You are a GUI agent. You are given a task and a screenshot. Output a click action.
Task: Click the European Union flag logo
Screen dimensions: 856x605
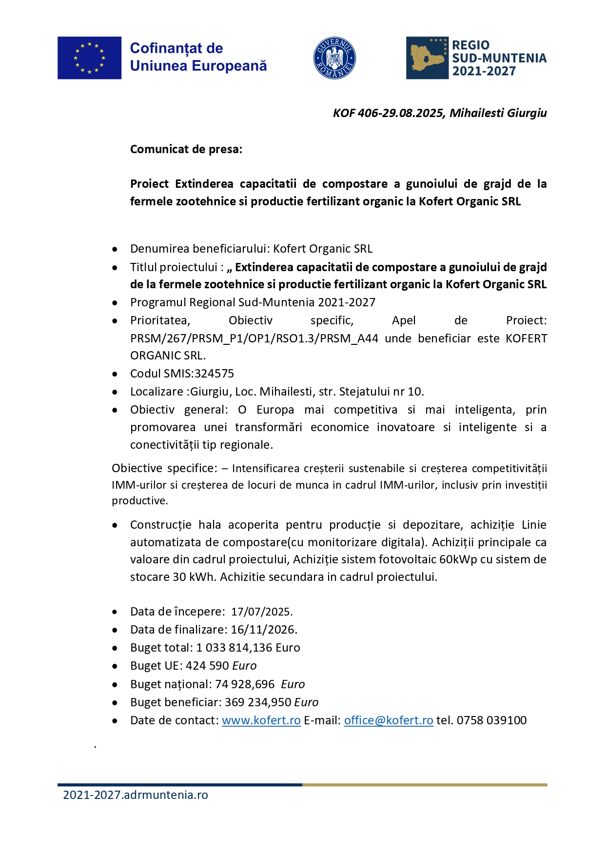click(x=89, y=58)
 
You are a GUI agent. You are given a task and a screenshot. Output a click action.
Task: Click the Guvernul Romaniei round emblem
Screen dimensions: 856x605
click(x=334, y=58)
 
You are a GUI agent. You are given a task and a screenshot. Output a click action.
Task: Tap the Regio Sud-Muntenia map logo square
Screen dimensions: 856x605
click(x=427, y=58)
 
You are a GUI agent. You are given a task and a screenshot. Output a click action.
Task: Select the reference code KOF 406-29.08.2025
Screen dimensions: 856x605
click(x=388, y=113)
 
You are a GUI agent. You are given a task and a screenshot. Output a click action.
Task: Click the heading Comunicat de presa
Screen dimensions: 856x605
click(x=186, y=149)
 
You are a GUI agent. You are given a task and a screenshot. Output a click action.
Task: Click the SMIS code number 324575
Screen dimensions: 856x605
click(x=215, y=374)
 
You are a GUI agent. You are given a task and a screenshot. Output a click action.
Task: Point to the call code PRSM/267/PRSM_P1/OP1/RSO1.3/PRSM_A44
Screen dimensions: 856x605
click(x=254, y=338)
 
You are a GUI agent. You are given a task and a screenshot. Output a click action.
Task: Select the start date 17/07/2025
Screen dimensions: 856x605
click(x=261, y=612)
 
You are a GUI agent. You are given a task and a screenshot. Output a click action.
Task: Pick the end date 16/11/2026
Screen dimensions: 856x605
click(x=263, y=630)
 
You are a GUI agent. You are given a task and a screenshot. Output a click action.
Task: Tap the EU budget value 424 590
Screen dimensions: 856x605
click(x=213, y=666)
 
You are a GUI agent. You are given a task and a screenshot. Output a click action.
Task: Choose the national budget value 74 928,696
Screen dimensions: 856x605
click(x=245, y=684)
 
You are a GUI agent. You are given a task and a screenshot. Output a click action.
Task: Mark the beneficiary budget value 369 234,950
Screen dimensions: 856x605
click(x=258, y=702)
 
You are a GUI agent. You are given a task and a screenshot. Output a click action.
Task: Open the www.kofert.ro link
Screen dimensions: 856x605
click(x=261, y=720)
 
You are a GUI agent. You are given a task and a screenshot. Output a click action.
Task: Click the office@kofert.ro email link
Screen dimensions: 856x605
click(x=389, y=720)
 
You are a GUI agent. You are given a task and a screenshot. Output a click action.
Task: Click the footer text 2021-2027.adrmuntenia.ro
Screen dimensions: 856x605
click(x=136, y=795)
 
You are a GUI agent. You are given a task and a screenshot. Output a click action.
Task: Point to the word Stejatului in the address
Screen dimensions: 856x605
click(x=364, y=392)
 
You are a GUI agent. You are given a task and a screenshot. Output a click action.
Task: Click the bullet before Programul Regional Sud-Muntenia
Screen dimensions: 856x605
click(x=115, y=303)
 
